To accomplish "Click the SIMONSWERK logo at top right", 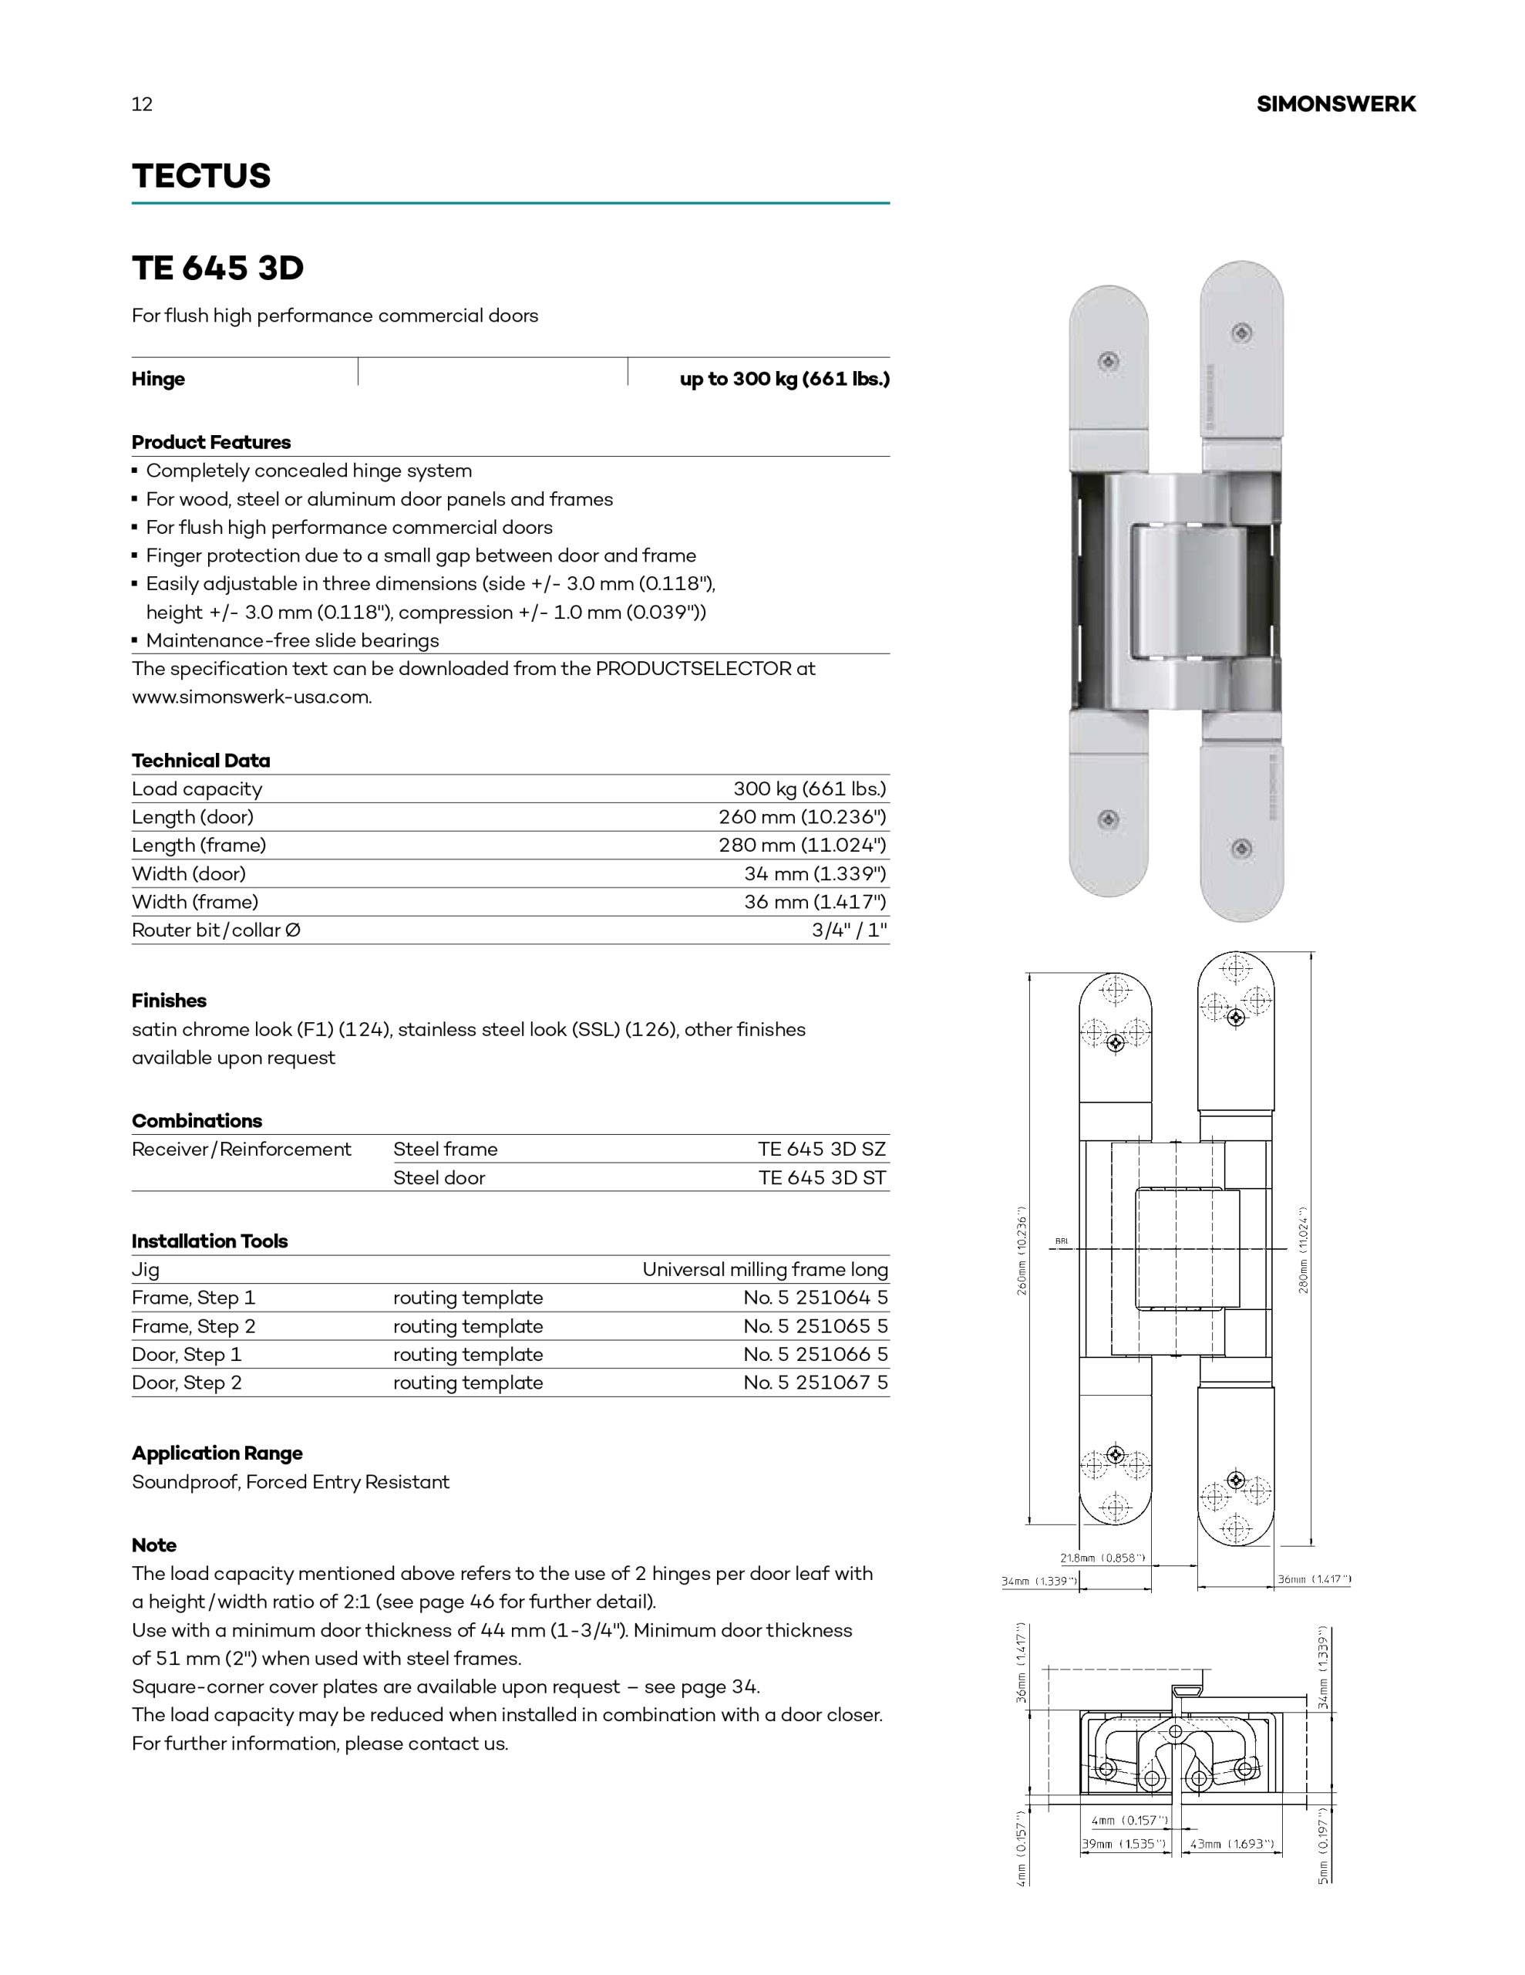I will (1335, 104).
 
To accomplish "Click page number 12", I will (142, 104).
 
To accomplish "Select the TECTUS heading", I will (200, 175).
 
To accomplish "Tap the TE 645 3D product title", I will (218, 268).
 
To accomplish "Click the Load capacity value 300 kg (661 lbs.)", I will (809, 788).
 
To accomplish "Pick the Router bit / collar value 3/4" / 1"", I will (849, 930).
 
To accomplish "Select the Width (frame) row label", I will (195, 902).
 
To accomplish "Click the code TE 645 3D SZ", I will (822, 1149).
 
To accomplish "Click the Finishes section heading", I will (169, 1000).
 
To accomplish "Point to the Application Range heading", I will (217, 1453).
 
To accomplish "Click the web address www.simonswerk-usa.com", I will (251, 697).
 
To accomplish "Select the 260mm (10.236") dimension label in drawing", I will (1022, 1251).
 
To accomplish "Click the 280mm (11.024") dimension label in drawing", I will (1304, 1251).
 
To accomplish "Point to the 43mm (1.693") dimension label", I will (1231, 1844).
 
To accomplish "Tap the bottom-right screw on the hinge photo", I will (1243, 848).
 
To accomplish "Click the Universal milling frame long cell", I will (765, 1269).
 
